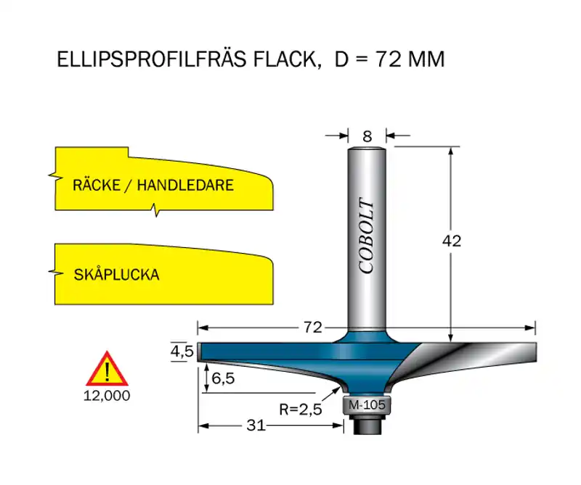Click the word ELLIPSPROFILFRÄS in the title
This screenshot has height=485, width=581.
[151, 59]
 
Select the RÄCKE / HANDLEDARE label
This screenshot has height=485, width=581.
[153, 185]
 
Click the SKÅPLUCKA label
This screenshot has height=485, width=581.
[116, 275]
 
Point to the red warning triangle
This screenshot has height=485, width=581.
[107, 368]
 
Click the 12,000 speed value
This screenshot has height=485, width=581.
[107, 396]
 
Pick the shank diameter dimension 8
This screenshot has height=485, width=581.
[367, 136]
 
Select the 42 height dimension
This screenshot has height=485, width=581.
[452, 241]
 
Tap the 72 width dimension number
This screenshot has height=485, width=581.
[313, 328]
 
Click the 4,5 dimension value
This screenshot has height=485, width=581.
[182, 351]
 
